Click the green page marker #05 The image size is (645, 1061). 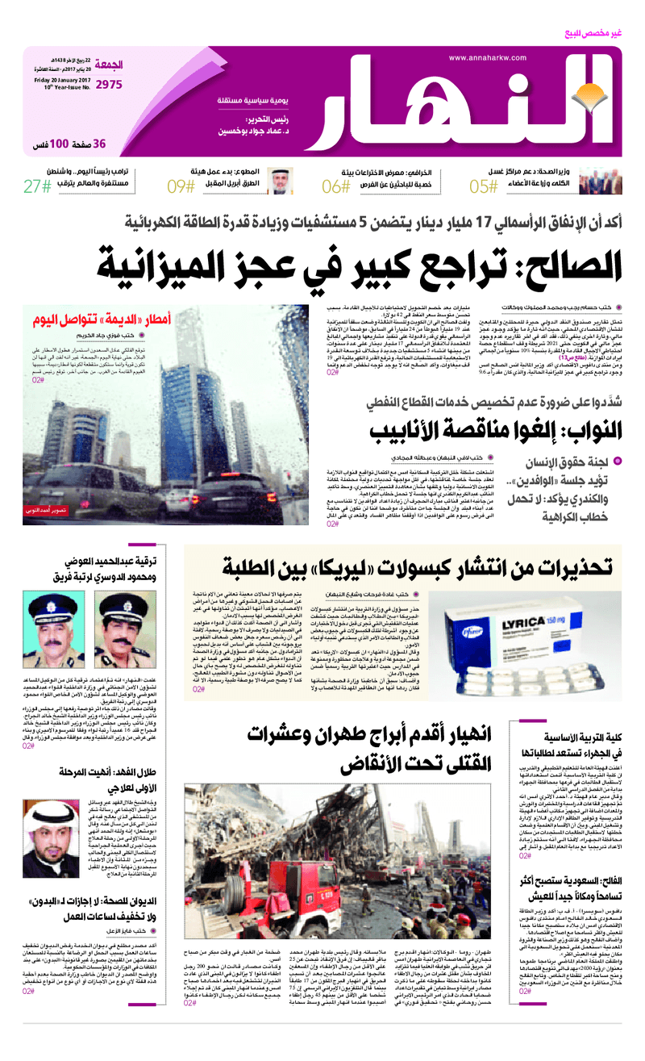coord(483,187)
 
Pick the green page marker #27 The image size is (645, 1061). coord(37,187)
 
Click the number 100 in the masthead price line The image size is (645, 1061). coord(60,144)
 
